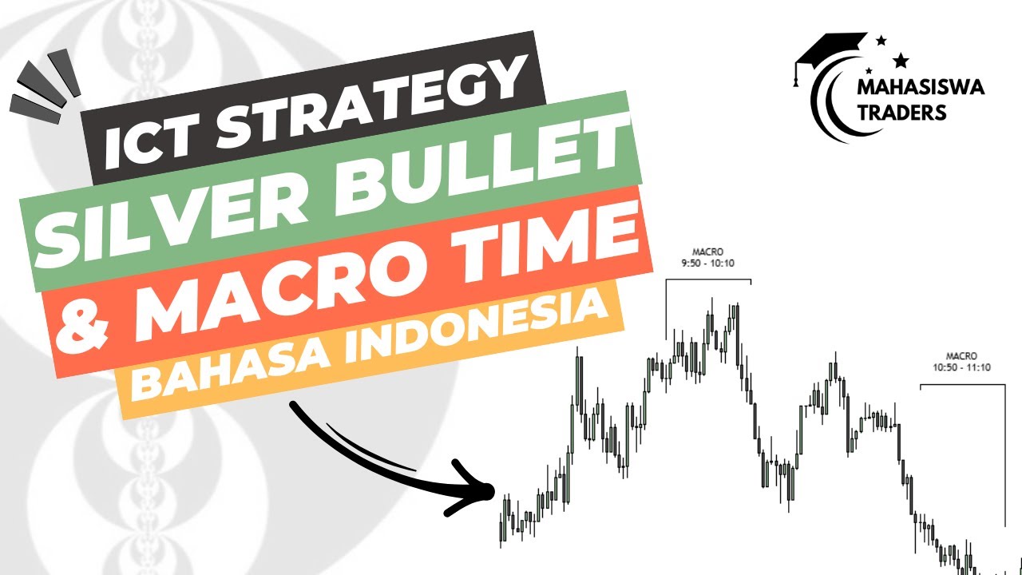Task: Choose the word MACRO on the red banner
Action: (295, 280)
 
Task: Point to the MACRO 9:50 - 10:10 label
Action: (707, 256)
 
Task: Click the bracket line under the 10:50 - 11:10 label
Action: (961, 384)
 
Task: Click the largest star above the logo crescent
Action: (901, 60)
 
